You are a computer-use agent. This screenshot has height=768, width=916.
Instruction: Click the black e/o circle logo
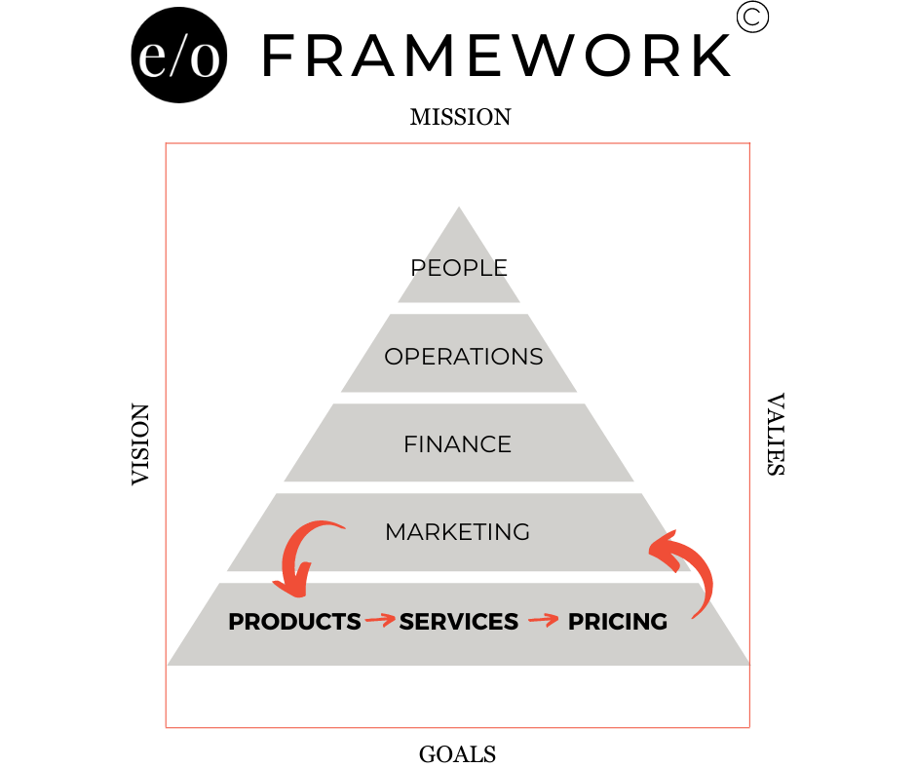178,55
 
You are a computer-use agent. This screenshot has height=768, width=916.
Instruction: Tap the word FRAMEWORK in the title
497,56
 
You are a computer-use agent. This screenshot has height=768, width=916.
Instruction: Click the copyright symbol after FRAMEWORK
752,17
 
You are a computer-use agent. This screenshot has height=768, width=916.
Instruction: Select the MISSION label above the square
460,117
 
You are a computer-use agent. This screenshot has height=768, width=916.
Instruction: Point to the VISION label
140,444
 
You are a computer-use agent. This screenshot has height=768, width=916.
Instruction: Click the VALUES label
776,435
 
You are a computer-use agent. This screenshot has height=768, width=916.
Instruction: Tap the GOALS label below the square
457,754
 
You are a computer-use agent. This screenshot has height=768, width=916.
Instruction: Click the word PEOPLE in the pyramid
459,268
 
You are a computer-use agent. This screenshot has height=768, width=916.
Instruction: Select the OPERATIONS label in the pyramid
463,357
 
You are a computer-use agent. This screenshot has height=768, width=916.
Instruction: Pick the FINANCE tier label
457,444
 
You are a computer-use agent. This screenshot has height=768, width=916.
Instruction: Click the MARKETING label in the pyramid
457,532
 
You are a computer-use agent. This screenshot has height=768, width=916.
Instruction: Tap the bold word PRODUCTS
294,621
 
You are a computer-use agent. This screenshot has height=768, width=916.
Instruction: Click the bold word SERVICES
459,621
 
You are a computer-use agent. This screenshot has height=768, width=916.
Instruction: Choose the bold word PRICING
618,621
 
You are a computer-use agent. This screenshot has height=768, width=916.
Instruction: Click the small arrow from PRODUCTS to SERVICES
380,620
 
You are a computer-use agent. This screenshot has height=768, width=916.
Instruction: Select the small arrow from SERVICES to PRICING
544,620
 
